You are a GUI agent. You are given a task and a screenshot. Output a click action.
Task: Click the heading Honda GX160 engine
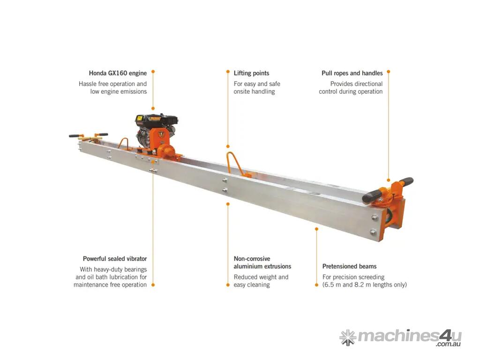118,73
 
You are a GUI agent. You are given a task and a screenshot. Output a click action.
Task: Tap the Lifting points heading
251,73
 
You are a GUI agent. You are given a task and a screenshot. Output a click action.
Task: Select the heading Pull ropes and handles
352,73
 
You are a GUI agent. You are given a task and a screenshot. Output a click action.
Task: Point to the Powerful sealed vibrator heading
115,259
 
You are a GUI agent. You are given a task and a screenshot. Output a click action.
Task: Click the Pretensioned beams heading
349,266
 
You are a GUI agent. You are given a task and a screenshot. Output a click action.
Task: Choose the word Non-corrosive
252,259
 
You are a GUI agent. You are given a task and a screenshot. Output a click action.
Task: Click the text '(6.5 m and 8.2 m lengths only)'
365,285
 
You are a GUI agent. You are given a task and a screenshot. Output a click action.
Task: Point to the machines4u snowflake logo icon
348,337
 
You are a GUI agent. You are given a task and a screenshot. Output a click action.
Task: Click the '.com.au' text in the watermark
449,345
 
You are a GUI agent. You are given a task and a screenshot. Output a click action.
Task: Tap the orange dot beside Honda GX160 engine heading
153,72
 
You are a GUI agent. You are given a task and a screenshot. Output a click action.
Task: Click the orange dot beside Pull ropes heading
389,72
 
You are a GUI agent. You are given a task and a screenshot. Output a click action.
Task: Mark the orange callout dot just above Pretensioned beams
316,229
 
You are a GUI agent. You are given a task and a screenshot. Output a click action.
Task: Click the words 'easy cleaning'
252,285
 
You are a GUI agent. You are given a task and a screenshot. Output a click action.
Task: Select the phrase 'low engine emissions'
119,91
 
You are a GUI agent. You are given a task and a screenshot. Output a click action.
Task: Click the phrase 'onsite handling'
254,91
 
